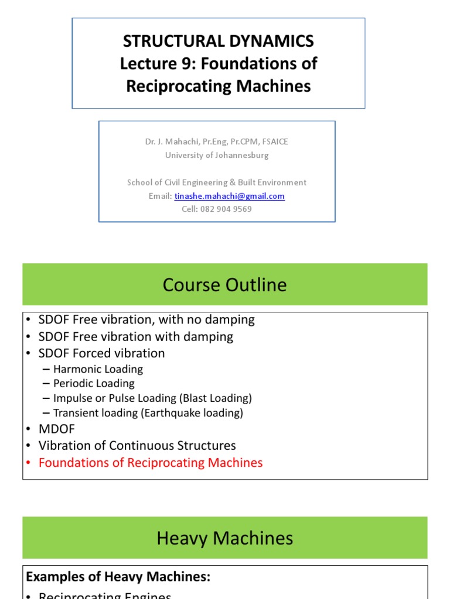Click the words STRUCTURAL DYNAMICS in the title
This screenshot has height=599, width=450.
(219, 41)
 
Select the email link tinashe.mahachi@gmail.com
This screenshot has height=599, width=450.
(229, 196)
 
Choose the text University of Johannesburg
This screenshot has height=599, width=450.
(217, 155)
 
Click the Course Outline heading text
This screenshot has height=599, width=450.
(225, 285)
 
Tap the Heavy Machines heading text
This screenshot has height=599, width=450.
(225, 538)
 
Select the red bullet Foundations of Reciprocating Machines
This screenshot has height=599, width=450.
(151, 463)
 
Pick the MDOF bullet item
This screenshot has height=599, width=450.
(57, 429)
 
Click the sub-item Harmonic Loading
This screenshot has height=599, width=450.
(98, 369)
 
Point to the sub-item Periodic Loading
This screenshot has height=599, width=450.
(94, 383)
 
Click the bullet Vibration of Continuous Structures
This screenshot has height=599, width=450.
(137, 446)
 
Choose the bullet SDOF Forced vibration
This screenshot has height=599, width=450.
(101, 353)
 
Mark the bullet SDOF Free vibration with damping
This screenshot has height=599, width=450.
(135, 336)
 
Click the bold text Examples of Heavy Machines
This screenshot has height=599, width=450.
(117, 577)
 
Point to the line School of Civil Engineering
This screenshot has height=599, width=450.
(217, 183)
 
